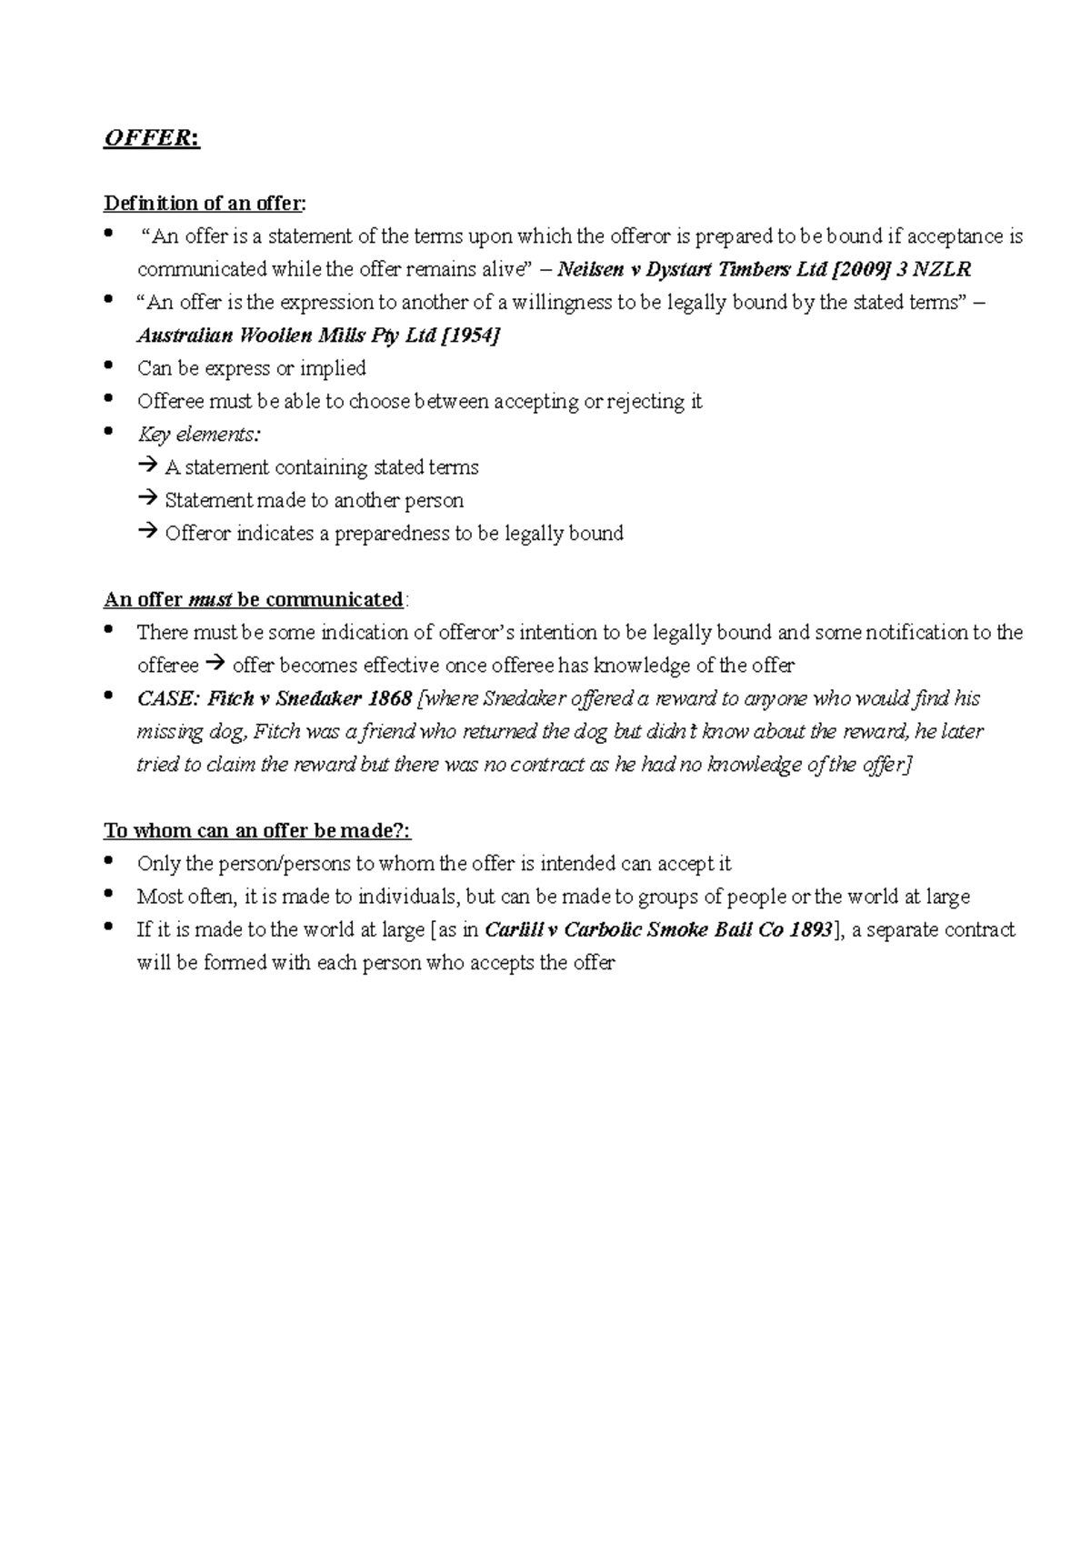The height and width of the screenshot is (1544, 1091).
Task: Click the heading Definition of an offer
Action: pyautogui.click(x=205, y=203)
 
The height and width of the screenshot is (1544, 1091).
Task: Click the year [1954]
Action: pyautogui.click(x=470, y=336)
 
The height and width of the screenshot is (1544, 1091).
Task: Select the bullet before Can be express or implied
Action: pyautogui.click(x=110, y=365)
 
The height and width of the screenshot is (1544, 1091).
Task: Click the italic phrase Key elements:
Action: pyautogui.click(x=199, y=435)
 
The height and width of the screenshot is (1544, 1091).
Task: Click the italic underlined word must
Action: pyautogui.click(x=210, y=600)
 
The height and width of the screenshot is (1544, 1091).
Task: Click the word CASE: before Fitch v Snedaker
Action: pyautogui.click(x=168, y=699)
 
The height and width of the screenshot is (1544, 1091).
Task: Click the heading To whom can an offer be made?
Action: pyautogui.click(x=258, y=831)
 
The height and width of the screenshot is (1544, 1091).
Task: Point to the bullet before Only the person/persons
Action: pyautogui.click(x=110, y=860)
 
